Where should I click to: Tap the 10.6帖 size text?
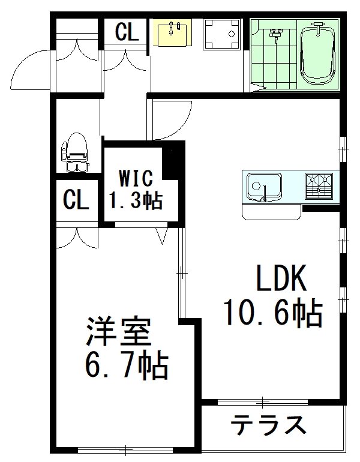[273, 313]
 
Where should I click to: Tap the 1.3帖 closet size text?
[135, 200]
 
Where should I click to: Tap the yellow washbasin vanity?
[175, 32]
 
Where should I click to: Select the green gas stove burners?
[319, 185]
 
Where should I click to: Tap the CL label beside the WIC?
[76, 200]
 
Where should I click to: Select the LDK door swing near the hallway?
[171, 119]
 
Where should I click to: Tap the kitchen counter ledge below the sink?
[272, 212]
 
